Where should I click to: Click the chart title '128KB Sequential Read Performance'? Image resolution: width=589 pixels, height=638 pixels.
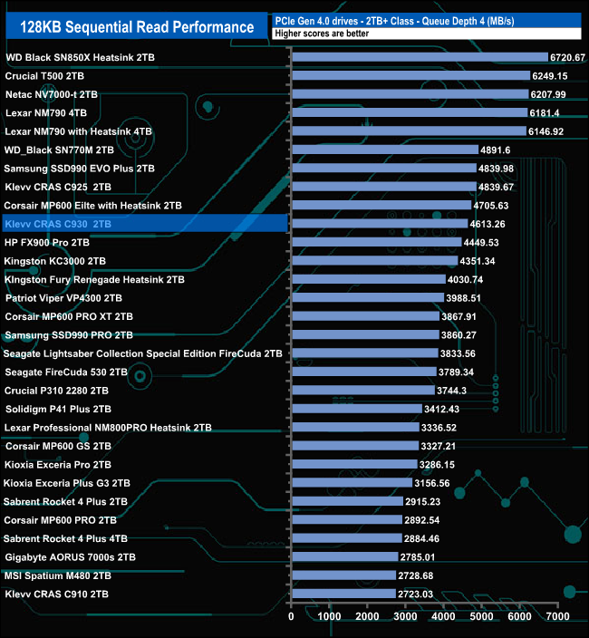(138, 26)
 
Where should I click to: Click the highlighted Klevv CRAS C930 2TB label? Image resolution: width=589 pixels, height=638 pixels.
(58, 224)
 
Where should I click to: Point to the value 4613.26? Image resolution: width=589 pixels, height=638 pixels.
(487, 224)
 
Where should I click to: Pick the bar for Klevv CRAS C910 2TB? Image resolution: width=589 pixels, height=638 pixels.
(343, 594)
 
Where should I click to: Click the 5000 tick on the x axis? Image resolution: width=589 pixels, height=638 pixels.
(481, 617)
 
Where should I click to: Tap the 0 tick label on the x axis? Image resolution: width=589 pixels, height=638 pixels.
(291, 617)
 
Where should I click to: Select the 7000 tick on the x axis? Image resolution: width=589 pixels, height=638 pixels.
(557, 617)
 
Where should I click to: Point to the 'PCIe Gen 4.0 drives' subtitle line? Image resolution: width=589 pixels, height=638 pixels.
(381, 20)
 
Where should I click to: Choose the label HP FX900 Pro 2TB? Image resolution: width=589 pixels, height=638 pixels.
(47, 243)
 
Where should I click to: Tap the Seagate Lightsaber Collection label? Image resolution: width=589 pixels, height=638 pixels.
(143, 353)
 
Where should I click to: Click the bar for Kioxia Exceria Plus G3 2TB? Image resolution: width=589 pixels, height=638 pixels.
(352, 483)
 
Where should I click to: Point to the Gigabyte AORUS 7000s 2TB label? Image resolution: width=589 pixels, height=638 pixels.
(70, 557)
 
